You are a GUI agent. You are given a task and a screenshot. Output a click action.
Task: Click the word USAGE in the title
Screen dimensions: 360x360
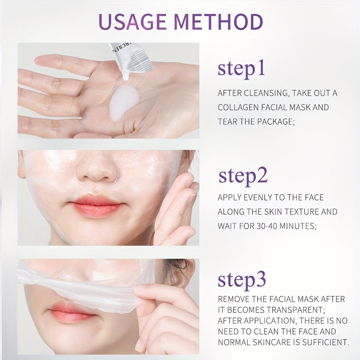coord(133,22)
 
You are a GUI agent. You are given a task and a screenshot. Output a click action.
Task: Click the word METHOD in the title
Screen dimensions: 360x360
coord(219,22)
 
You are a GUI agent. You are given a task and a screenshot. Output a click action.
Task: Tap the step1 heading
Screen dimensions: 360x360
coord(241,69)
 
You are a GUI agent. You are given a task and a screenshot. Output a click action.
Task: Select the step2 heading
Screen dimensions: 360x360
coord(243,176)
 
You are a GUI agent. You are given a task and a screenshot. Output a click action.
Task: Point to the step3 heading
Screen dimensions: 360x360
coord(242,280)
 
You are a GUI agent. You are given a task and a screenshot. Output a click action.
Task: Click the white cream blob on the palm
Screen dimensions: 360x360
coord(124,102)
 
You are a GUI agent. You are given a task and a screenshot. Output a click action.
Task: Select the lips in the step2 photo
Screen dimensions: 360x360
coord(96,206)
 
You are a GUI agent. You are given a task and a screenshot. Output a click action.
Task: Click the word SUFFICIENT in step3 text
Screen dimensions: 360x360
coord(325,342)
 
